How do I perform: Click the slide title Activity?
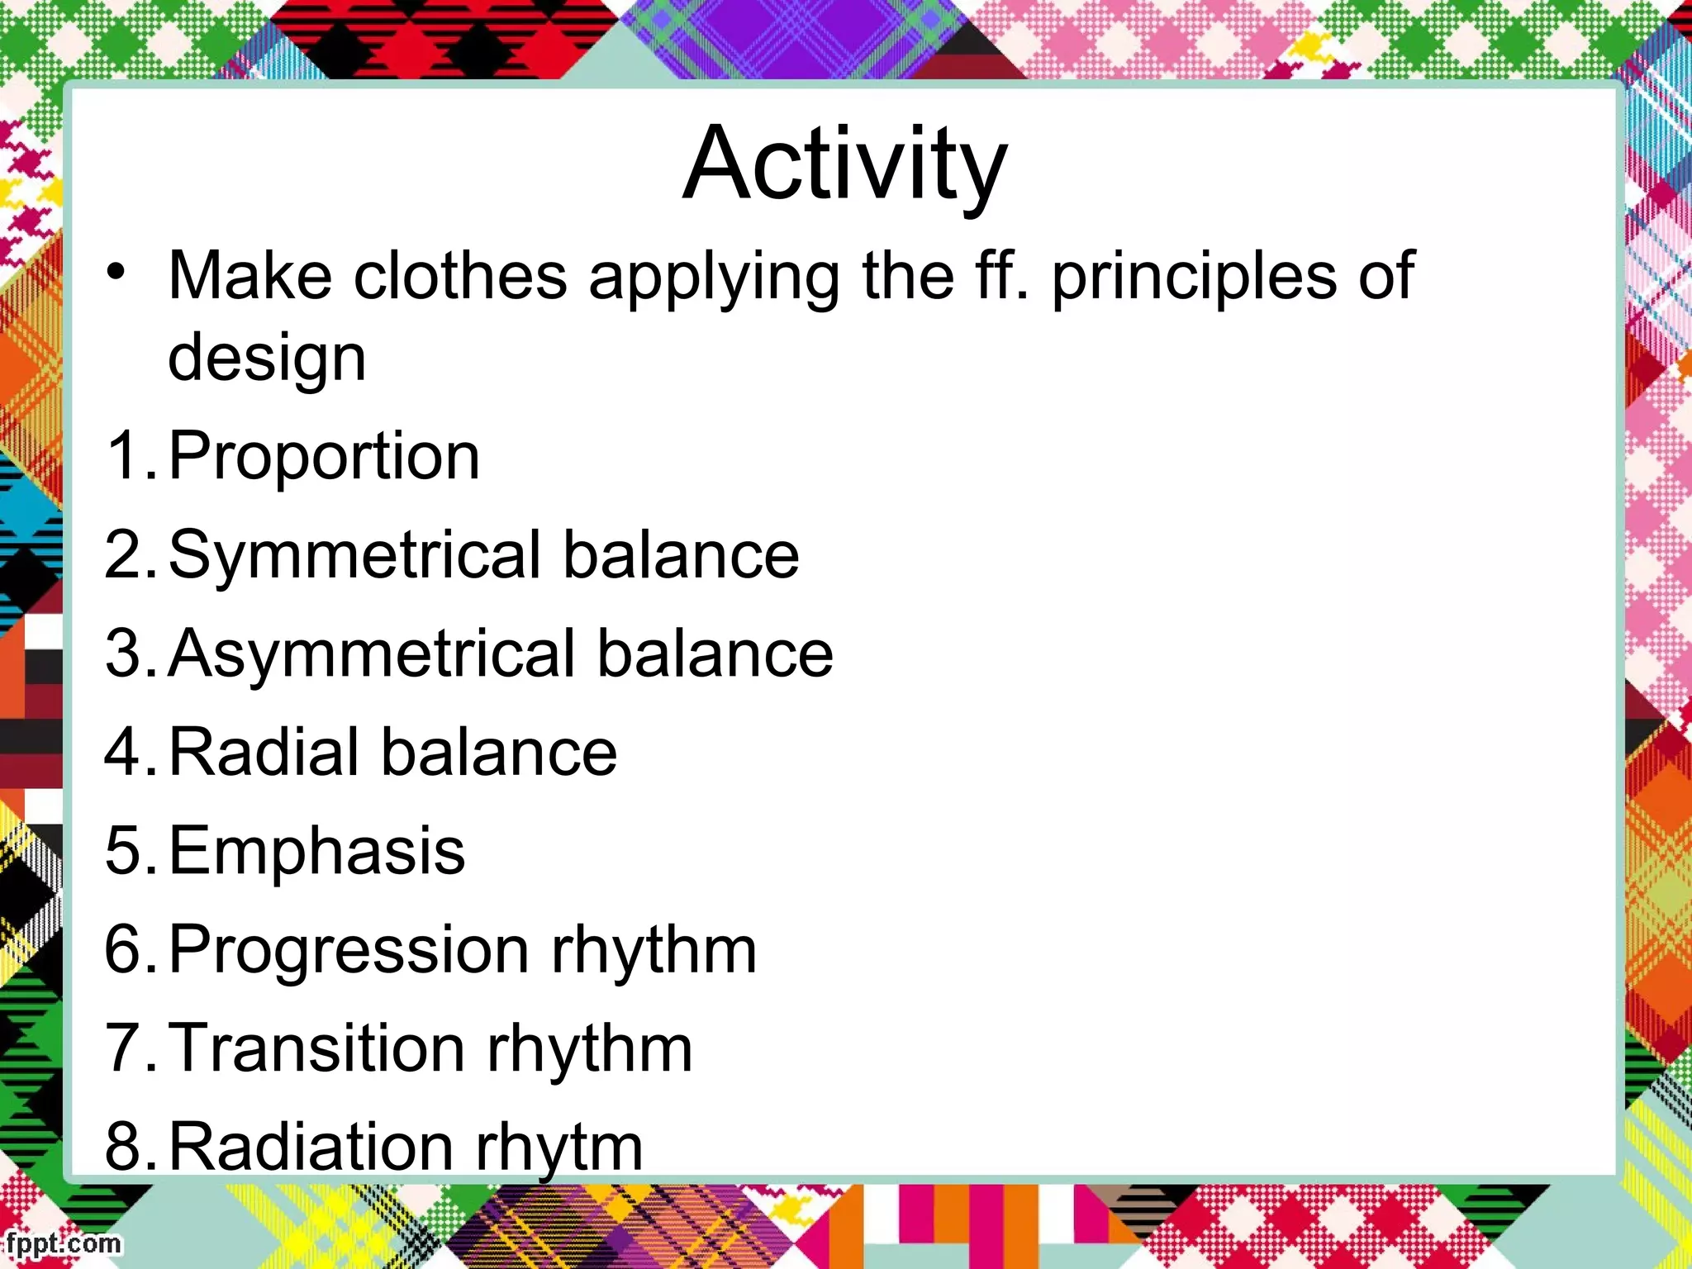click(x=844, y=164)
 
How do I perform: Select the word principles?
click(x=1194, y=278)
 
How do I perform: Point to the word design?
click(x=266, y=359)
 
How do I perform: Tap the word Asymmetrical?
click(x=372, y=654)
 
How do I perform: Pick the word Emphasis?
click(x=316, y=851)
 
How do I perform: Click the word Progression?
click(x=348, y=950)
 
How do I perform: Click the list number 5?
click(x=126, y=851)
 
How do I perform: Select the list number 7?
click(x=126, y=1048)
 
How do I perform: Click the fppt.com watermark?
click(x=61, y=1243)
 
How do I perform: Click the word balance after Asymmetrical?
click(x=715, y=654)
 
